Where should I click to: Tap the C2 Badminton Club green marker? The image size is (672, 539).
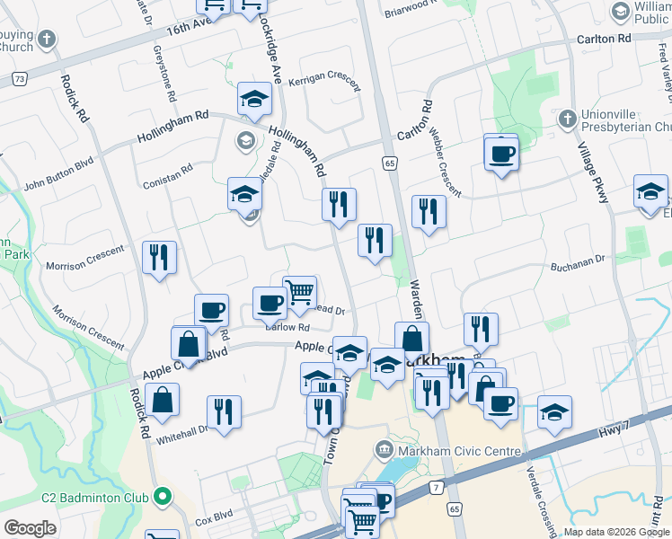(x=163, y=495)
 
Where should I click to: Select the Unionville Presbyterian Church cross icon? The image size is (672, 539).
(x=567, y=119)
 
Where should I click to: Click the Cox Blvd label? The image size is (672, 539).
(x=215, y=518)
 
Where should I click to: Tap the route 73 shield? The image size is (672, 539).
(x=19, y=79)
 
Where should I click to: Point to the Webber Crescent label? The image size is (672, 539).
(x=445, y=162)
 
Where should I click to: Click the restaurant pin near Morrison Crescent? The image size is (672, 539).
(x=159, y=258)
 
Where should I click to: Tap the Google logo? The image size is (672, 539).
(x=30, y=528)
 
